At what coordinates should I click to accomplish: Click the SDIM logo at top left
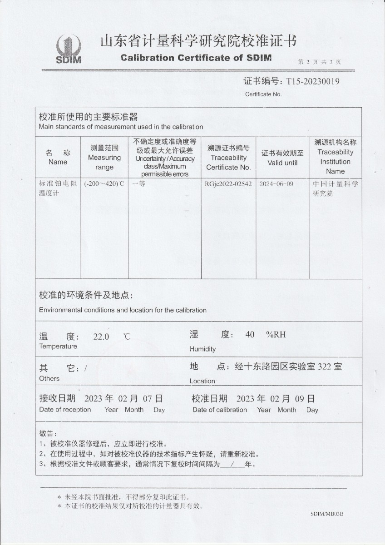click(69, 50)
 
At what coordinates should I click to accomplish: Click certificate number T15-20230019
click(313, 81)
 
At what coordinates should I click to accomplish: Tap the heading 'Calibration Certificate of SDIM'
click(196, 58)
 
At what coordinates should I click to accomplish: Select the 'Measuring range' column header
click(104, 158)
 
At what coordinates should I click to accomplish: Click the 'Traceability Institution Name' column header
click(335, 157)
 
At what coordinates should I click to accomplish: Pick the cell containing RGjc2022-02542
click(228, 184)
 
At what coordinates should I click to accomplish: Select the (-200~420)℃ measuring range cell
click(104, 184)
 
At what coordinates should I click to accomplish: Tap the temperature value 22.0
click(101, 337)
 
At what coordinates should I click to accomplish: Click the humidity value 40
click(250, 335)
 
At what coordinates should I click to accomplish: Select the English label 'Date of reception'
click(65, 410)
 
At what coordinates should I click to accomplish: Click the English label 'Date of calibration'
click(220, 410)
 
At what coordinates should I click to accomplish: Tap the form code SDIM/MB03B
click(327, 514)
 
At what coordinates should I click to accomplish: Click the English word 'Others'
click(49, 378)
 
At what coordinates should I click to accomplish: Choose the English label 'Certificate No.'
click(263, 94)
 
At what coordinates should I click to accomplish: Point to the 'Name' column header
click(58, 162)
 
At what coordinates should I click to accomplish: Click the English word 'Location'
click(202, 381)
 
